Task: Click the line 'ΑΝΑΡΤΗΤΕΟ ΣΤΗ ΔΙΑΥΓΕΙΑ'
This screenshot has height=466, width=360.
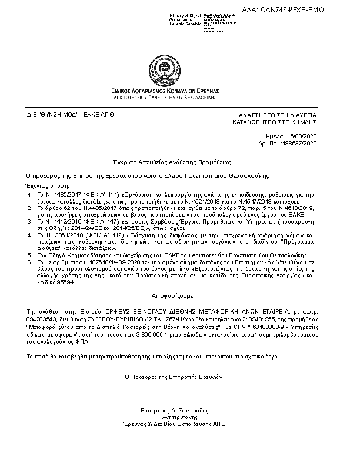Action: pos(278,114)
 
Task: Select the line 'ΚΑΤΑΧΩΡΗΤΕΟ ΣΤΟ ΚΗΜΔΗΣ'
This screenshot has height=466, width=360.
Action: pos(275,122)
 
